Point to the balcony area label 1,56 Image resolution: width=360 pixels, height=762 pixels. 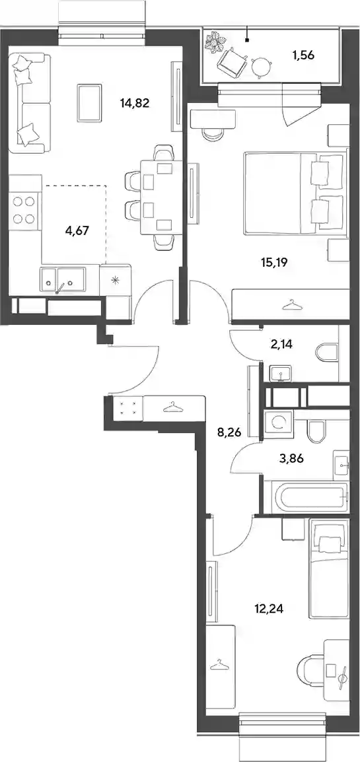(303, 55)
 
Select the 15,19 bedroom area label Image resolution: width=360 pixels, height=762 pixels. (275, 263)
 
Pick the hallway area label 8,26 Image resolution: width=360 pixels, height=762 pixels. (230, 430)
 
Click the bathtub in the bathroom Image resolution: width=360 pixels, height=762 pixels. (306, 496)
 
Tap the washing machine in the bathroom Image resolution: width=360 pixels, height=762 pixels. (278, 423)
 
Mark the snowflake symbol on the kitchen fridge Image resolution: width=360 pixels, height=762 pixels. (115, 280)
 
